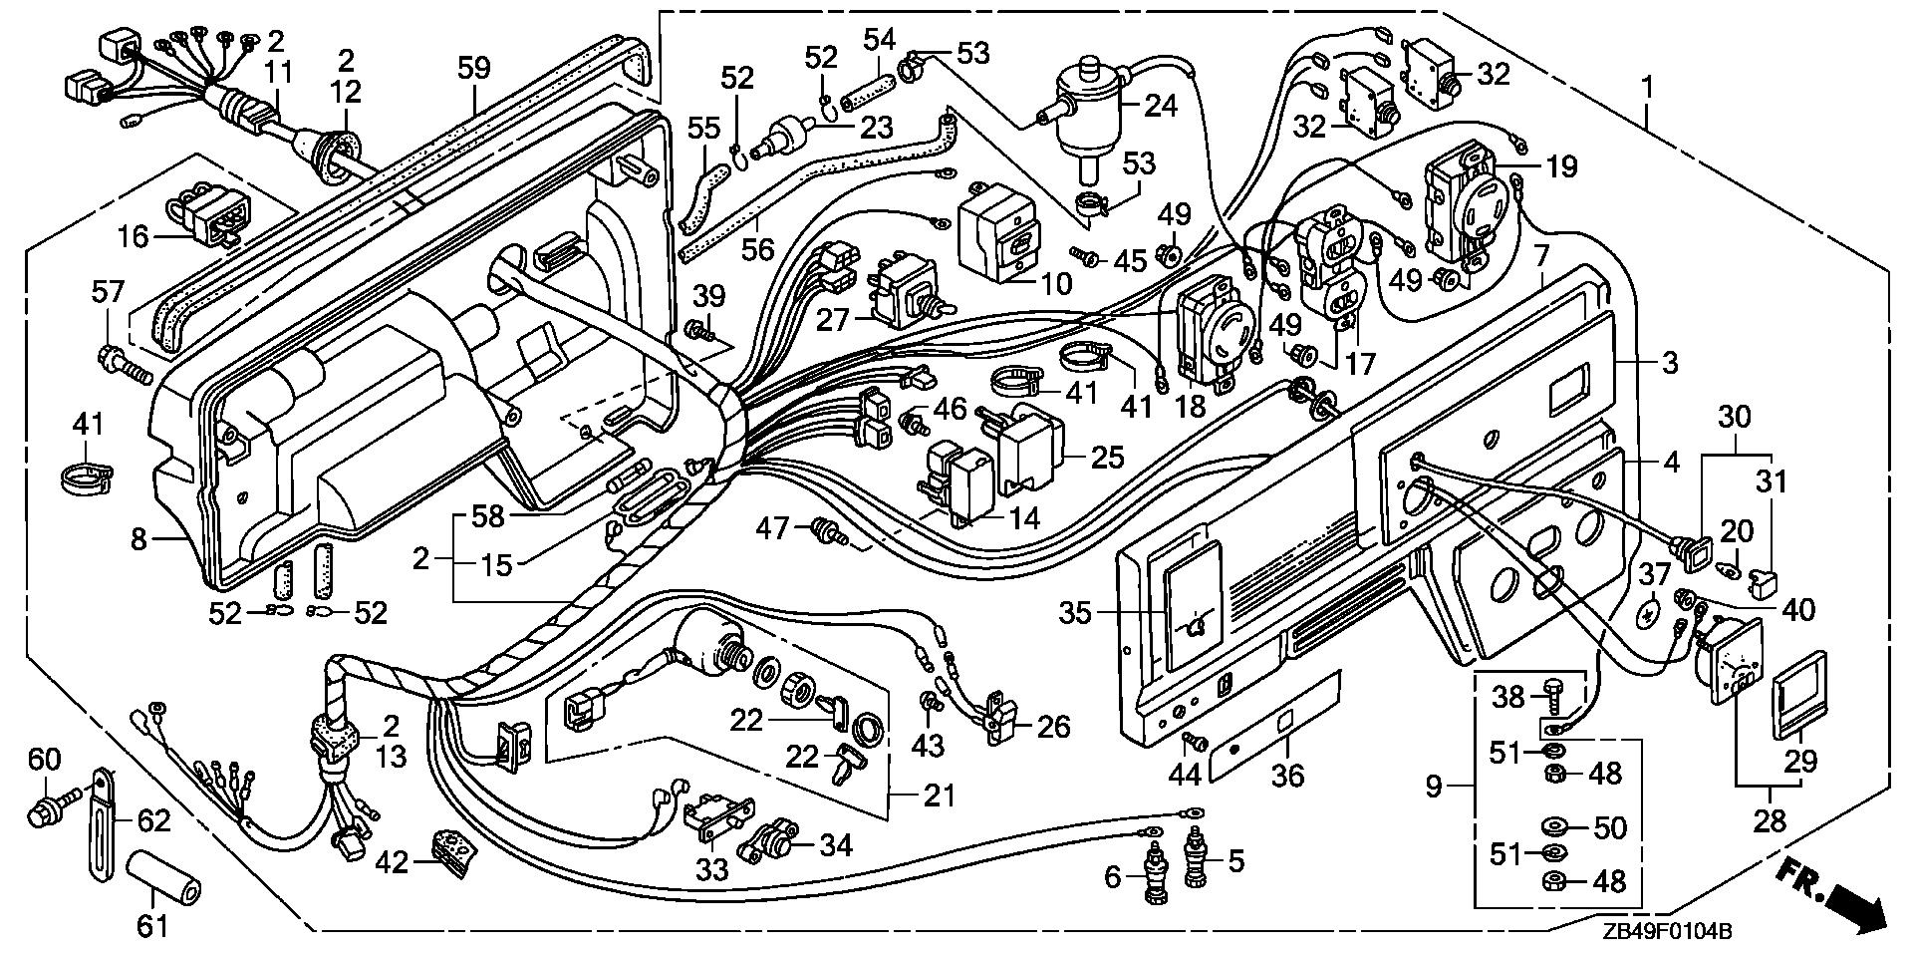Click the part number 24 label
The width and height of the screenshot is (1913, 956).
click(x=1160, y=105)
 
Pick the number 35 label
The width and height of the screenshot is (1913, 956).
click(x=1075, y=612)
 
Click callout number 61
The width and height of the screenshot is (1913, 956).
click(x=152, y=926)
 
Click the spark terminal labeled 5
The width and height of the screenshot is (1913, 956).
click(x=1195, y=856)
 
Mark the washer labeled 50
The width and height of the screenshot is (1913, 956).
click(x=1552, y=826)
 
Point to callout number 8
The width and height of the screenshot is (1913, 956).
click(x=138, y=540)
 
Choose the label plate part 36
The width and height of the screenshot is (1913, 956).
click(x=1275, y=726)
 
